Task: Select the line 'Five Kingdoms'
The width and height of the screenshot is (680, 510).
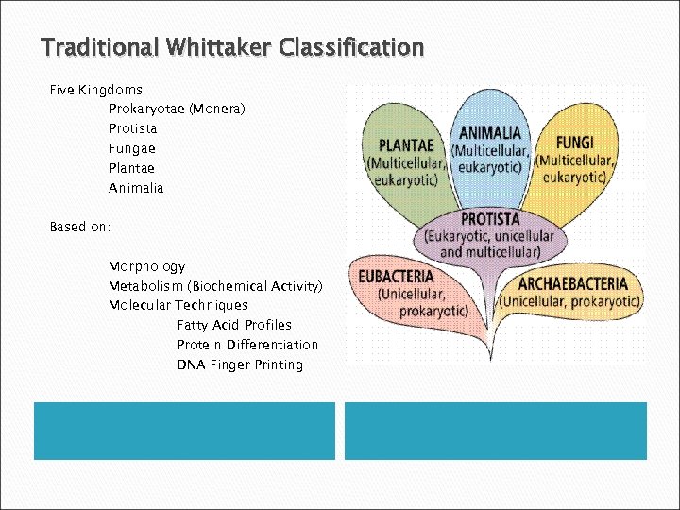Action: [x=96, y=90]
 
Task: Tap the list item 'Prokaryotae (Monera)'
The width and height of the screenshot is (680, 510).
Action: [x=177, y=110]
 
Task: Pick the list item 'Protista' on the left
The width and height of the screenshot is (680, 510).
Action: [x=133, y=129]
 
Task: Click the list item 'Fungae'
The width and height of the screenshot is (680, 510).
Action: [x=132, y=149]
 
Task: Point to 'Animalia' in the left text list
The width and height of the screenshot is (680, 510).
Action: [x=136, y=188]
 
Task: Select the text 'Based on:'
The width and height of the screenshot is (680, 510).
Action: [x=80, y=228]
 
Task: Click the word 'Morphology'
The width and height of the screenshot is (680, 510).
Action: [x=147, y=267]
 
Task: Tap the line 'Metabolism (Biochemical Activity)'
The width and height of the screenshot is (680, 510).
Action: [x=215, y=286]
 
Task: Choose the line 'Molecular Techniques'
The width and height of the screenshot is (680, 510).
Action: [x=178, y=306]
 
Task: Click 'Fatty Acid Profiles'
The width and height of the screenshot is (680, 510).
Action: [x=234, y=326]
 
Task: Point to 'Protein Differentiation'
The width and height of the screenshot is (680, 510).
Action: [x=247, y=346]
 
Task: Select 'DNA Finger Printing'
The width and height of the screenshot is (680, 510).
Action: [x=240, y=365]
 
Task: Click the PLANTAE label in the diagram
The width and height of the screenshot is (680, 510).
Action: [x=406, y=145]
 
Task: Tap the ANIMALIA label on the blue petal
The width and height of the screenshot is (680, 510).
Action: [x=490, y=133]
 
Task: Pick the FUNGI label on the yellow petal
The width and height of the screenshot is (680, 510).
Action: [x=575, y=143]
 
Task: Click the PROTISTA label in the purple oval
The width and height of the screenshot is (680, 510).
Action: [x=490, y=220]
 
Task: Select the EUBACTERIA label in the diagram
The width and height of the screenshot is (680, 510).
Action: [x=396, y=277]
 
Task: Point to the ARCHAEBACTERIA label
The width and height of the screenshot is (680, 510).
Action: [x=572, y=283]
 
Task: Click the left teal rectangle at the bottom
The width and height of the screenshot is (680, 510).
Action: [x=185, y=431]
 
